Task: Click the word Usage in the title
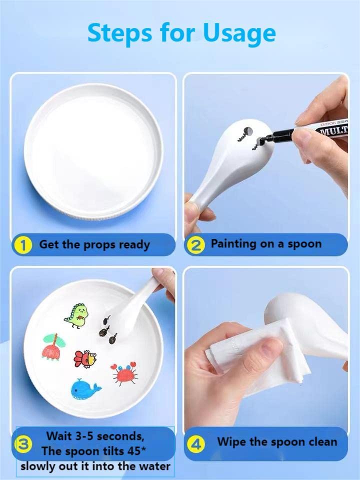239,33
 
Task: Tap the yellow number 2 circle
197,245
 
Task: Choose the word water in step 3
155,467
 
